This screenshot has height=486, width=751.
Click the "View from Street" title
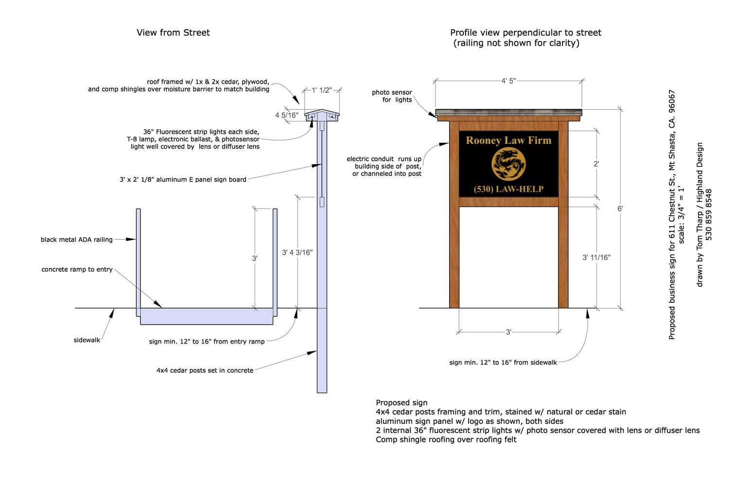173,33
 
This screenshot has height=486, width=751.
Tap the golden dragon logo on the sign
508,164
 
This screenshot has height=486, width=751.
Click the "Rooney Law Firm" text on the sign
508,140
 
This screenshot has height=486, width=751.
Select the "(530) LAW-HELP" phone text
508,189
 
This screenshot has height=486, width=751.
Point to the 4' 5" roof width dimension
508,81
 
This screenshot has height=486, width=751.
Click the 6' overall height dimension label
620,208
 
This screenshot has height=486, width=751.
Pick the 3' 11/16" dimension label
596,258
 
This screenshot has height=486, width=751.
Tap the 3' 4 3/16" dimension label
297,252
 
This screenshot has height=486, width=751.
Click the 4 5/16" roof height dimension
287,115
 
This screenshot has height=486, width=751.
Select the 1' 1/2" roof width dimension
322,90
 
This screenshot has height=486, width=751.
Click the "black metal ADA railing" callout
76,240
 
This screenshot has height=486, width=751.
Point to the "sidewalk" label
87,340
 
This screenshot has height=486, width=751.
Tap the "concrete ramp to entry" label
77,269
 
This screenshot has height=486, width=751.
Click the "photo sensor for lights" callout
392,96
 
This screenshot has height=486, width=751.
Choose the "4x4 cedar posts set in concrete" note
205,370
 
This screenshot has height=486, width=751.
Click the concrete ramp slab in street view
207,316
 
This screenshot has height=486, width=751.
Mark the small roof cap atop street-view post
322,115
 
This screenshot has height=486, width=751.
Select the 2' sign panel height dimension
596,164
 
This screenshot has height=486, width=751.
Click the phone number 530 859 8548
709,215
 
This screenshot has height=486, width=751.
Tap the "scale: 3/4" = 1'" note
681,214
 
